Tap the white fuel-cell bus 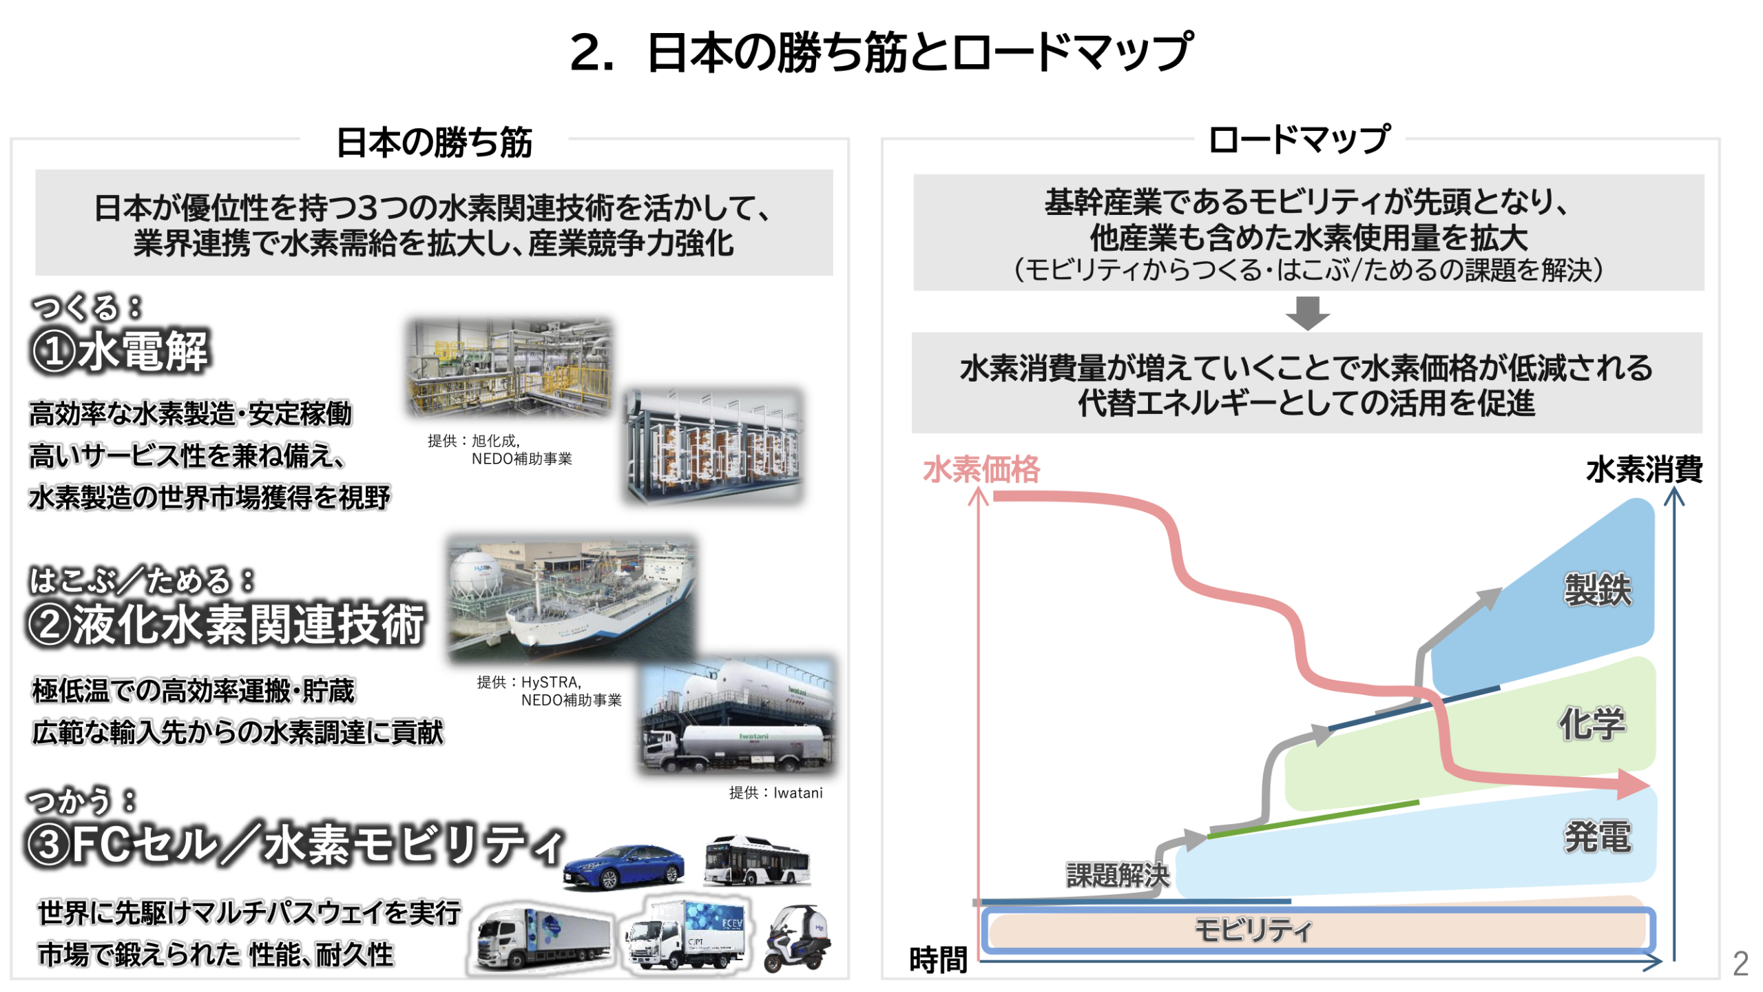(756, 860)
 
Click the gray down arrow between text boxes (1307, 313)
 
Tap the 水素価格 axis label (981, 470)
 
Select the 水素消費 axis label (1643, 470)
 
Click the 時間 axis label (938, 960)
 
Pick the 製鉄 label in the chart (1597, 590)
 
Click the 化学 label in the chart (1592, 723)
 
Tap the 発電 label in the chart (1597, 837)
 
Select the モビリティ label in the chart (1253, 930)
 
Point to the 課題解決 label (1118, 875)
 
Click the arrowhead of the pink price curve (1634, 784)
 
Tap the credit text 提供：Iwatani (775, 792)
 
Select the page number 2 (1740, 963)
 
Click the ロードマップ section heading (1299, 139)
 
